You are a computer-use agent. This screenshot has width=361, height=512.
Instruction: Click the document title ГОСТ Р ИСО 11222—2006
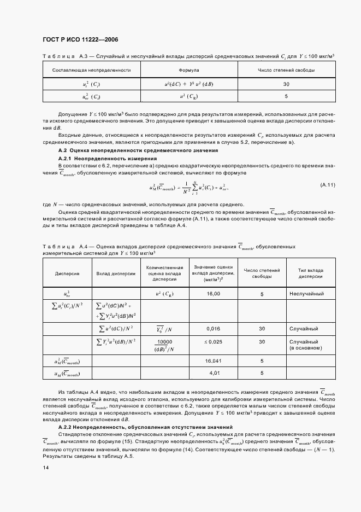(80, 40)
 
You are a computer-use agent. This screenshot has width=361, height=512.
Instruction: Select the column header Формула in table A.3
(189, 70)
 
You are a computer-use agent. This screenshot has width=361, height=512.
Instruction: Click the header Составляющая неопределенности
(91, 70)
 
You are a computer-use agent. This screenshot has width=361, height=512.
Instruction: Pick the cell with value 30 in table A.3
(286, 85)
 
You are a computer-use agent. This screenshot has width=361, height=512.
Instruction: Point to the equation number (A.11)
(327, 185)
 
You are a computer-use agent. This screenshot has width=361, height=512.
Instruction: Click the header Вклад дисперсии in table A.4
(116, 273)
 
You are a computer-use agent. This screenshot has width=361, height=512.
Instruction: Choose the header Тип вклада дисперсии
(310, 273)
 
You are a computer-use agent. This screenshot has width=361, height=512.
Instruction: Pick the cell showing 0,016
(214, 329)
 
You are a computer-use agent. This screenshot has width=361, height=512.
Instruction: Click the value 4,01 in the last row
(214, 373)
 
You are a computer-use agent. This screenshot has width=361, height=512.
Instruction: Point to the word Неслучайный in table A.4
(307, 294)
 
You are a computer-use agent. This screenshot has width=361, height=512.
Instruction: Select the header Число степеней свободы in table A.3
(286, 70)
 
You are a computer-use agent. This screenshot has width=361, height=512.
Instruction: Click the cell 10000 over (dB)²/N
(164, 345)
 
